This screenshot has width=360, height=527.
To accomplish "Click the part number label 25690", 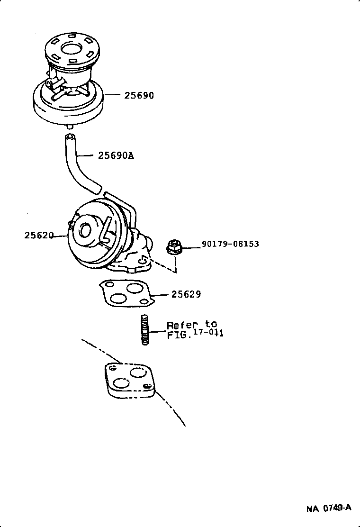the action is [139, 95].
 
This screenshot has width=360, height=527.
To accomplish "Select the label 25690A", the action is [116, 155].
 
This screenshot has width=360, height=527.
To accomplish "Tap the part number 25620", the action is [39, 235].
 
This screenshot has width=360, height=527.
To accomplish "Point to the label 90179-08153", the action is [230, 244].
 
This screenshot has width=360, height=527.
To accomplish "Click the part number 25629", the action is [186, 294].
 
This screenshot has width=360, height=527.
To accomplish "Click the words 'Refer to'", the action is [192, 325].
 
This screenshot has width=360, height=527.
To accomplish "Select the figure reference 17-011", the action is [208, 334].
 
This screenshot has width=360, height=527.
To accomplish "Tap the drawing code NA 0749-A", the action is [329, 508].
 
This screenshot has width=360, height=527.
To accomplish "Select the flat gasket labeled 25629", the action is [126, 293].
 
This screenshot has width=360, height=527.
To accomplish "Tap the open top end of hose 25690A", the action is [70, 136].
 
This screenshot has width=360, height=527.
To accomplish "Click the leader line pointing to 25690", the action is [112, 95].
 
